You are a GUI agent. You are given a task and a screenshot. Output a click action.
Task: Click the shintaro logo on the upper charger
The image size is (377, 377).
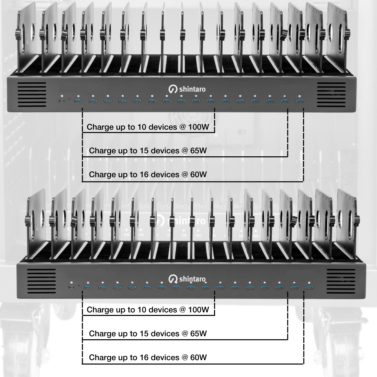point(187,89)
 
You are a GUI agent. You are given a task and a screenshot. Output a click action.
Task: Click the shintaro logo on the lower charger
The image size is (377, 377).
point(187,279)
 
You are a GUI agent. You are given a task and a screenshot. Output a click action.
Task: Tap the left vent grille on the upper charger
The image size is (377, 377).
point(32,95)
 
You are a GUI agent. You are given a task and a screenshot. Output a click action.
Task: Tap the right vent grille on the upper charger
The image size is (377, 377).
point(331,95)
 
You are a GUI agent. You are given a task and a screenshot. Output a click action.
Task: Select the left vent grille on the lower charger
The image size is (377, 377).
point(41,281)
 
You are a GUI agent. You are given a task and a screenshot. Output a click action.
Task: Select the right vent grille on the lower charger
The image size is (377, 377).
point(341,281)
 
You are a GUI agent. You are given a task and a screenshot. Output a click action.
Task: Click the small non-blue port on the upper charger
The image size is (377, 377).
point(62,101)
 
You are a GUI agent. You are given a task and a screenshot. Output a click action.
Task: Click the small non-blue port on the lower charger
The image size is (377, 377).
point(72,288)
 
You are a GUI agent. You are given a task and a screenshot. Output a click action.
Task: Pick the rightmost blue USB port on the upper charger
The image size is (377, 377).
point(299,101)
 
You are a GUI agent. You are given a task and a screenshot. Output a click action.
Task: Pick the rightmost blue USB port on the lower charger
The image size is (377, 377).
point(309,288)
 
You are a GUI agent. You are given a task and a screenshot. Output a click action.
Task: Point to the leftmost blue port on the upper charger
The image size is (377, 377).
point(78,101)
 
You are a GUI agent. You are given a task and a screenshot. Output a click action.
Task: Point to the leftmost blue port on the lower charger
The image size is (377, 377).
point(88,288)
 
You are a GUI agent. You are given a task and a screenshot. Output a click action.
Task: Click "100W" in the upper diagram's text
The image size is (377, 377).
point(199,127)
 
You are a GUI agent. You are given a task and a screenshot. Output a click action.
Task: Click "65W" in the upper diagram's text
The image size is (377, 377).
point(199,151)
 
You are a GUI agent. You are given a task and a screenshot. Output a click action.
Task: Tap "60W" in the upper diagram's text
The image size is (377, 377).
point(199,174)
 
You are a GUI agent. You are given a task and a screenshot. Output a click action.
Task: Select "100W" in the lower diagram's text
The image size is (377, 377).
point(199,310)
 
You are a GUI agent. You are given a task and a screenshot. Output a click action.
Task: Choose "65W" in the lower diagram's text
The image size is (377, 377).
point(199,334)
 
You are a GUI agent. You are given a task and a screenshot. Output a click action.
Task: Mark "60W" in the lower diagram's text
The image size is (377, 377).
point(199,357)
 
